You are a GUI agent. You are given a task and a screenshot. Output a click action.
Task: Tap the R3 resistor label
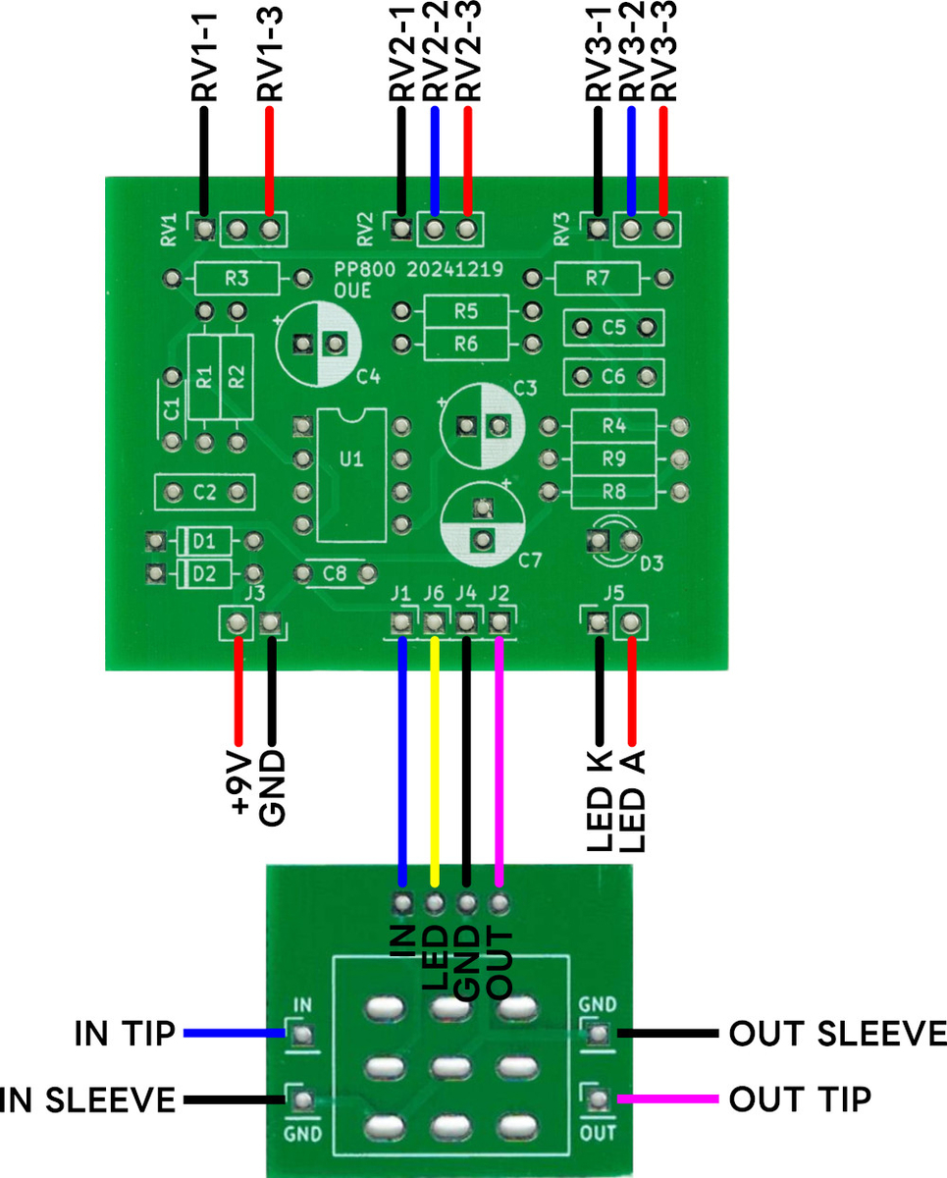tap(236, 279)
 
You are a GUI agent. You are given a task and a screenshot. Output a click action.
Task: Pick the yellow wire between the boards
tap(434, 756)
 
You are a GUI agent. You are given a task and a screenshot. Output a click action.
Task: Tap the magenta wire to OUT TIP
tap(667, 1099)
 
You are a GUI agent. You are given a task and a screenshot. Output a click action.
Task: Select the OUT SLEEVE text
tap(837, 1034)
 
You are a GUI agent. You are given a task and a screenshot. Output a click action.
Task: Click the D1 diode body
tap(204, 541)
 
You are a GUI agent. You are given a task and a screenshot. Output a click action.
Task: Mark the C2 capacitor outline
tap(204, 491)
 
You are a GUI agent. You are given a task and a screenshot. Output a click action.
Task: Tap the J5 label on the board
tap(613, 593)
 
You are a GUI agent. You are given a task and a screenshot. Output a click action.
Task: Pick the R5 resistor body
tap(466, 312)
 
